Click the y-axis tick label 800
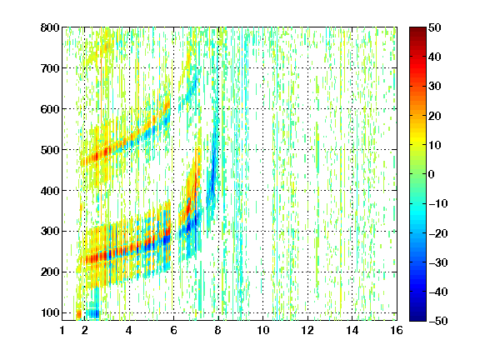click(x=50, y=27)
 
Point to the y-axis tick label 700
click(x=50, y=68)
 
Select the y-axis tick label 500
click(x=50, y=150)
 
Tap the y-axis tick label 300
click(x=50, y=232)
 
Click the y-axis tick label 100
click(x=50, y=312)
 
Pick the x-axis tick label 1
click(x=62, y=330)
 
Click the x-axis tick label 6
click(x=173, y=330)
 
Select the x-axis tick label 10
click(x=263, y=330)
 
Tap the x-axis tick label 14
click(x=352, y=330)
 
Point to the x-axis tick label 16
click(x=397, y=330)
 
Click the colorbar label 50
click(x=434, y=27)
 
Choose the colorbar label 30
click(x=434, y=86)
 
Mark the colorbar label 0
click(x=432, y=174)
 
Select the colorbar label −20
click(x=438, y=233)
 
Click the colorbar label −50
click(x=438, y=321)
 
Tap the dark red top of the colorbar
click(x=417, y=30)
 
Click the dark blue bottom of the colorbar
click(x=417, y=317)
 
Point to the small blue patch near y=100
click(x=92, y=313)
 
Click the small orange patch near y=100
click(x=78, y=314)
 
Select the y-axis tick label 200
click(x=50, y=272)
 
